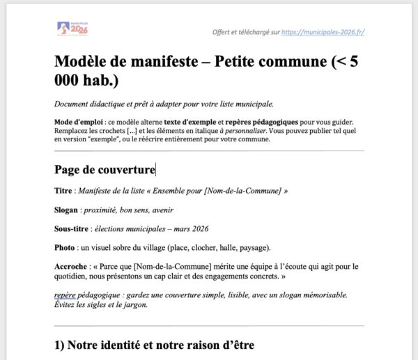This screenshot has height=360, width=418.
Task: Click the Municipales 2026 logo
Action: [x=72, y=29]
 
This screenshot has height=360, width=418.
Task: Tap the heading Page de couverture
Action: [x=104, y=169]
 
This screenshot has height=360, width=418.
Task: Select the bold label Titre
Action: [x=63, y=190]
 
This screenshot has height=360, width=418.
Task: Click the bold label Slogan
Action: [x=68, y=210]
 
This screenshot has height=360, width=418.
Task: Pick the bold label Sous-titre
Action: [x=72, y=228]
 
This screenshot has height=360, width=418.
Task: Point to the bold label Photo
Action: [x=65, y=247]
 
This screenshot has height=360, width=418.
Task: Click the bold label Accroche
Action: [x=72, y=267]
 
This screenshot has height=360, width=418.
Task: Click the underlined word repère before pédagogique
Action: [x=65, y=295]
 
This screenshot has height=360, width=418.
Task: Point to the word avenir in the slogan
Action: [x=162, y=210]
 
